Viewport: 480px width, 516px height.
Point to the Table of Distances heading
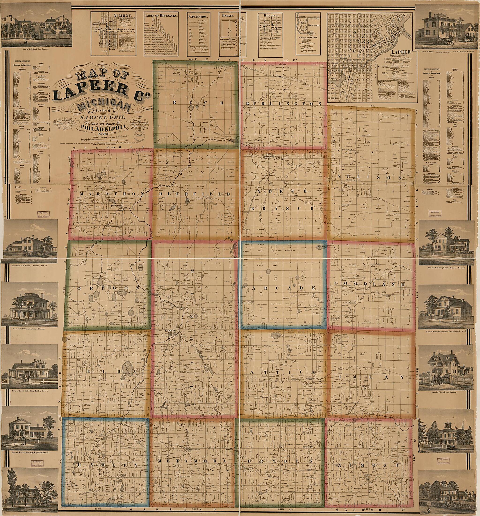click(x=161, y=15)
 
